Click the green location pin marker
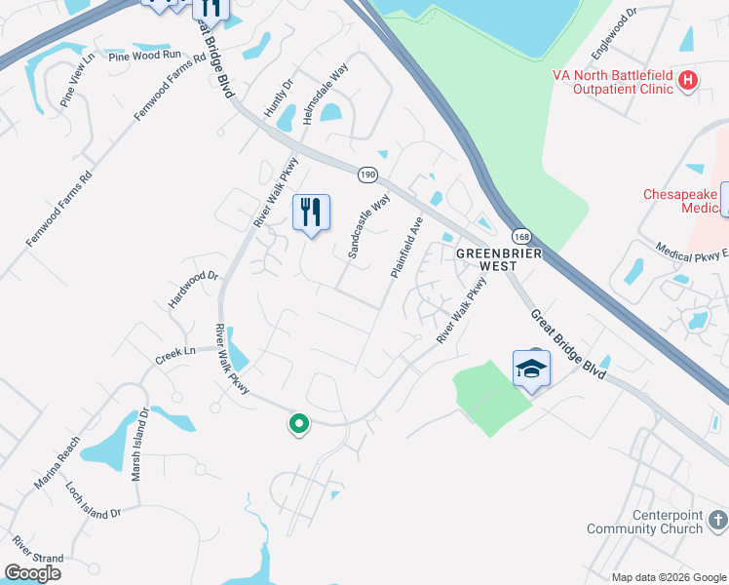(299, 424)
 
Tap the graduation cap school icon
(531, 370)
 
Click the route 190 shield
(366, 175)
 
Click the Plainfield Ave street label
(406, 248)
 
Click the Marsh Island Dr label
(139, 440)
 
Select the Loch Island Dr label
(93, 499)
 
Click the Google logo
(32, 573)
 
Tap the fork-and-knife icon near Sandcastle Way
(312, 212)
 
